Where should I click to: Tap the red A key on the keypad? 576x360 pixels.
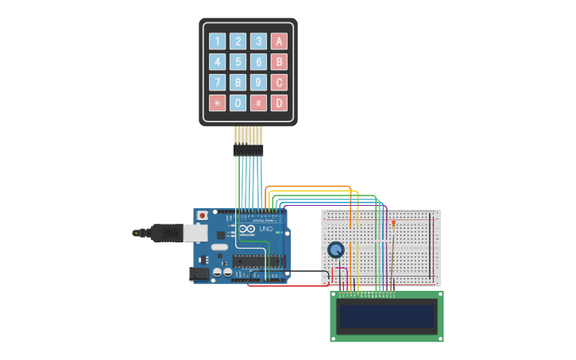[x=279, y=41]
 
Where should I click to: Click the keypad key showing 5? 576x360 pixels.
[x=238, y=62]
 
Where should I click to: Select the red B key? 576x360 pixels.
[x=279, y=62]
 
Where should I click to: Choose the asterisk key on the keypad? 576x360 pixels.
[x=217, y=103]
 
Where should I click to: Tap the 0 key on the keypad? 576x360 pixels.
[x=238, y=103]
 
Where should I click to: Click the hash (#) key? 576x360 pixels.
[x=258, y=103]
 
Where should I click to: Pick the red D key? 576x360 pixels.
[x=279, y=103]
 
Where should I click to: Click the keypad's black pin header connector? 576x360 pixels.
[x=248, y=149]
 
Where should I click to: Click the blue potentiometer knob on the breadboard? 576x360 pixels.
[x=336, y=250]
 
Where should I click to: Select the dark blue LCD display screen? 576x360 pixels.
[x=387, y=316]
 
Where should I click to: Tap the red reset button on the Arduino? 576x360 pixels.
[x=203, y=215]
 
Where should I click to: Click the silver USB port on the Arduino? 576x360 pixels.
[x=196, y=232]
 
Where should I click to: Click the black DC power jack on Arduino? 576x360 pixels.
[x=199, y=274]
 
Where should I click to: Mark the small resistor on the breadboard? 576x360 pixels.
[x=394, y=225]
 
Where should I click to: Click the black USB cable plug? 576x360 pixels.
[x=167, y=233]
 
